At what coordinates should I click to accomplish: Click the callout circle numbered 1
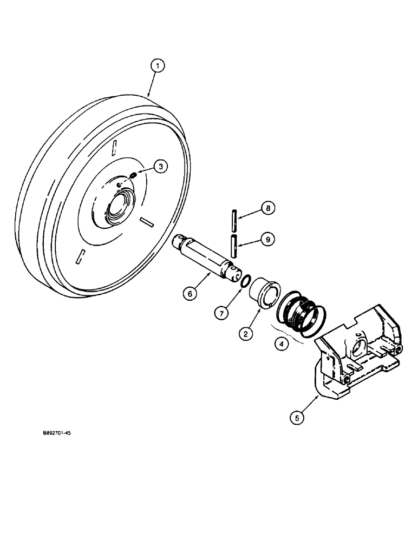tap(156, 67)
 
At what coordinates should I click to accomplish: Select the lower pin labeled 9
tap(233, 246)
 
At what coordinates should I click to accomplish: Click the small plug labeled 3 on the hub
tap(134, 175)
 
